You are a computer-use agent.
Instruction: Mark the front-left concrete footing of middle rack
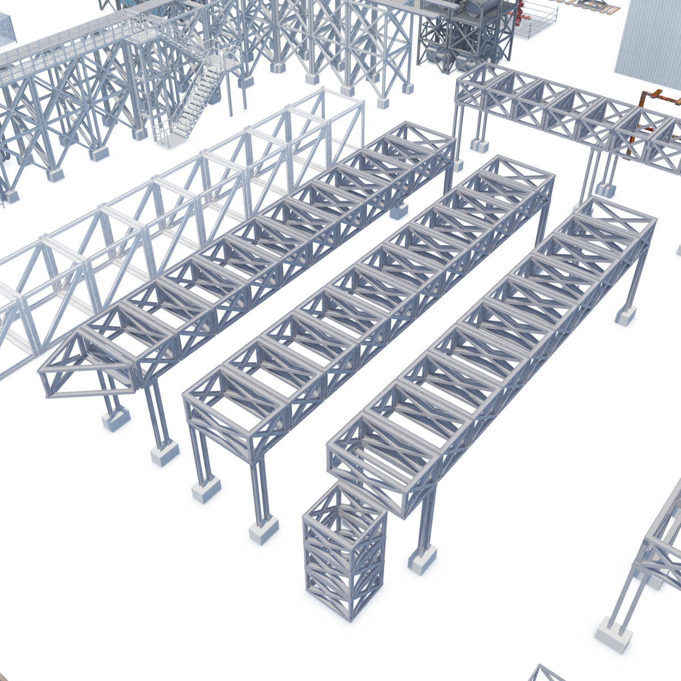(205, 489)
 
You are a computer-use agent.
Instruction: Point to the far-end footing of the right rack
(626, 316)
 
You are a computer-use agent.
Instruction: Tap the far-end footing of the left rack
(398, 211)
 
